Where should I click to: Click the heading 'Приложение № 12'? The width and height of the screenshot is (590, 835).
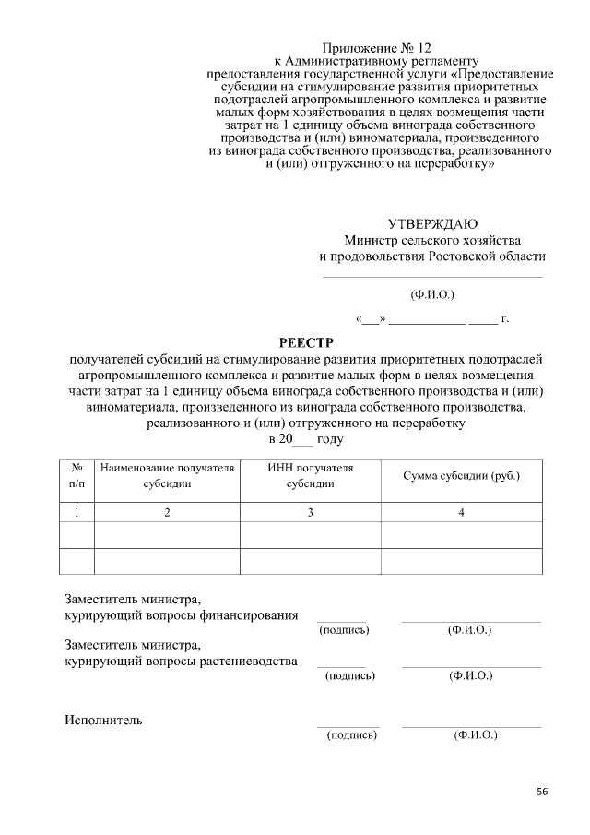(x=376, y=47)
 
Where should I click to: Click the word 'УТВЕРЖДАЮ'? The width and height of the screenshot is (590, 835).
(x=432, y=223)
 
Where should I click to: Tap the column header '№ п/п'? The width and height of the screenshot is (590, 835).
(x=77, y=476)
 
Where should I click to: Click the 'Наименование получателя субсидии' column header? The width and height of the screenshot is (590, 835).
(x=167, y=476)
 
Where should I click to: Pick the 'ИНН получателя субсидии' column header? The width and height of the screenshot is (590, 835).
(x=310, y=476)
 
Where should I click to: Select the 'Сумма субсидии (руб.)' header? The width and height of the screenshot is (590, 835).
(x=461, y=476)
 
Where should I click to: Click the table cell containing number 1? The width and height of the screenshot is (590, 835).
(x=77, y=512)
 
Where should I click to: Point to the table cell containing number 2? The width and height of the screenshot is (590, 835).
(x=167, y=512)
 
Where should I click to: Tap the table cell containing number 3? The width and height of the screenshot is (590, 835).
(x=311, y=512)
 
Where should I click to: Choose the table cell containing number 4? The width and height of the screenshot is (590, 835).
(x=461, y=512)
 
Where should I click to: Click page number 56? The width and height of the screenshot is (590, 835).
(x=542, y=792)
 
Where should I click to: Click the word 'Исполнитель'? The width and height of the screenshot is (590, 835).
(x=102, y=720)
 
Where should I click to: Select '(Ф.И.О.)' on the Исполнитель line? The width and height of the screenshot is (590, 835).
(x=475, y=735)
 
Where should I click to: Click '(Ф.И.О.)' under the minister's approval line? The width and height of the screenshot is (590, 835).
(x=432, y=295)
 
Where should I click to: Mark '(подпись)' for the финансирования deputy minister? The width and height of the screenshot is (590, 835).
(x=344, y=630)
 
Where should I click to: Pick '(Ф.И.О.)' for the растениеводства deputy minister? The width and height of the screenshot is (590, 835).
(x=470, y=676)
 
